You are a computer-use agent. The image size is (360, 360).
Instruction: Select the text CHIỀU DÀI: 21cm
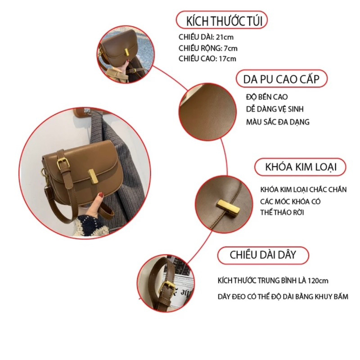(x=206, y=37)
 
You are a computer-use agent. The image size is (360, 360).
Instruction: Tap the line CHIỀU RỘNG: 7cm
(x=208, y=48)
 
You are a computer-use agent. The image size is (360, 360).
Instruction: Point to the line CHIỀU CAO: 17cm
(x=207, y=59)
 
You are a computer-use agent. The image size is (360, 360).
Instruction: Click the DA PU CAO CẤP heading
(x=282, y=79)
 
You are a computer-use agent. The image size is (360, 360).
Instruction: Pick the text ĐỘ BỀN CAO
(x=267, y=97)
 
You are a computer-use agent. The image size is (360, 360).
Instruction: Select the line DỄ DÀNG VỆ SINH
(x=275, y=109)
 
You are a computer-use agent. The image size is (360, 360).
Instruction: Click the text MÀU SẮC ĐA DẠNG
(x=278, y=121)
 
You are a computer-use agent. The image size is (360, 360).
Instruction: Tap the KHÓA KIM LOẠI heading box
(x=300, y=167)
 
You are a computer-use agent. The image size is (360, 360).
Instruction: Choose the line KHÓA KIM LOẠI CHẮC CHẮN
(x=303, y=189)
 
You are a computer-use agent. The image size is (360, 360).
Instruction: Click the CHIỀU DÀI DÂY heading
(x=263, y=255)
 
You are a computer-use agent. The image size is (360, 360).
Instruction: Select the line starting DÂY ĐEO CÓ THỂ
(x=283, y=297)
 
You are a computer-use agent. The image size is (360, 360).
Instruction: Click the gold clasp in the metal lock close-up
(x=229, y=208)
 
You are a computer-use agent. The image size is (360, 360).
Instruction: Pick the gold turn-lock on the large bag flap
(x=93, y=176)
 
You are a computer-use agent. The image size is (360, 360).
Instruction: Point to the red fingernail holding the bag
(x=101, y=195)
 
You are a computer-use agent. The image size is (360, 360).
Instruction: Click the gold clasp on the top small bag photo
(x=127, y=52)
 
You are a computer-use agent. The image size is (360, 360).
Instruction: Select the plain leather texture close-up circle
(x=207, y=112)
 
